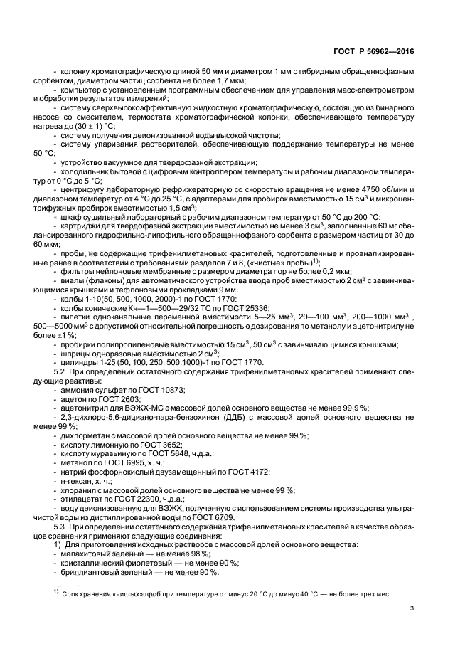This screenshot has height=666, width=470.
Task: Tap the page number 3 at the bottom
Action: pos(412,608)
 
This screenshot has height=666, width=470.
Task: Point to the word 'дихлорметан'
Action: pos(82,435)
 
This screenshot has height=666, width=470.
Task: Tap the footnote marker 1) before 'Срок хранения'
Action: pos(51,593)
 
